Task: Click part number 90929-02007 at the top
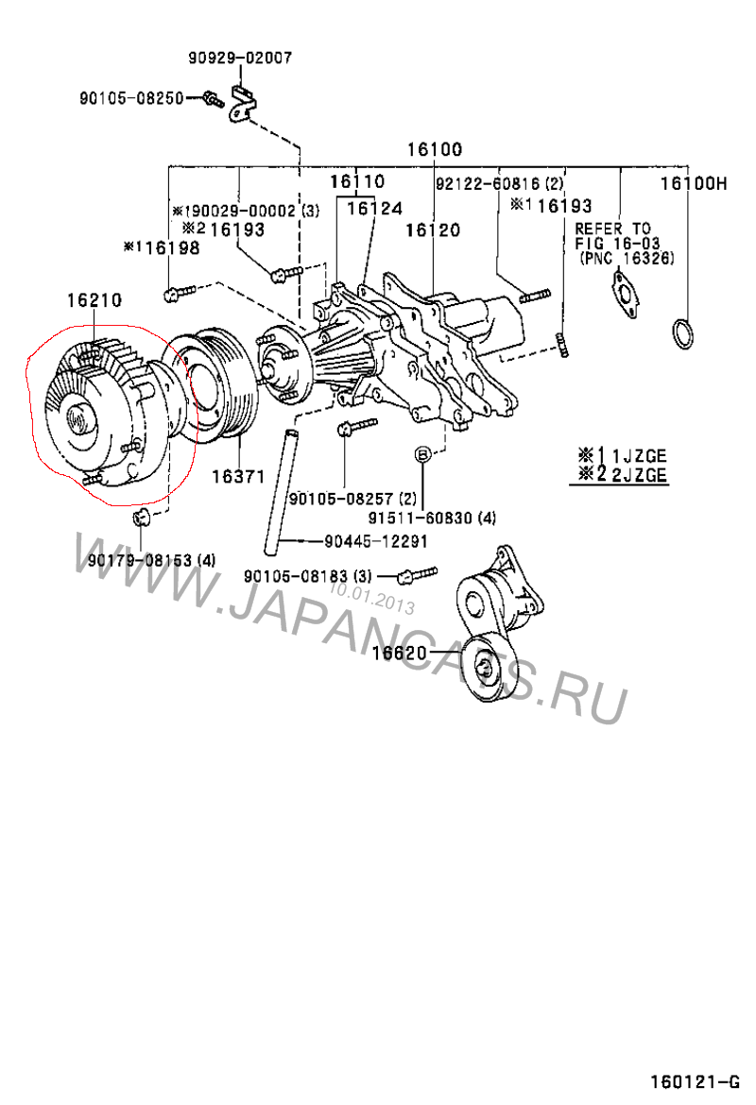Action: [239, 58]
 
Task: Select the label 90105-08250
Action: [131, 96]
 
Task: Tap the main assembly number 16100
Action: [435, 149]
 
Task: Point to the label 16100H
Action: [693, 183]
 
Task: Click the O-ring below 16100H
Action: [683, 333]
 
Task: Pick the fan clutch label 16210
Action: [94, 301]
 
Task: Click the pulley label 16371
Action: [237, 477]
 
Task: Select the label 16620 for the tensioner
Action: [399, 653]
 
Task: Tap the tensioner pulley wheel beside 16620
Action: [486, 670]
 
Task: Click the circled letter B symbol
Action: [422, 455]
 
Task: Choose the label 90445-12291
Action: [376, 541]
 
